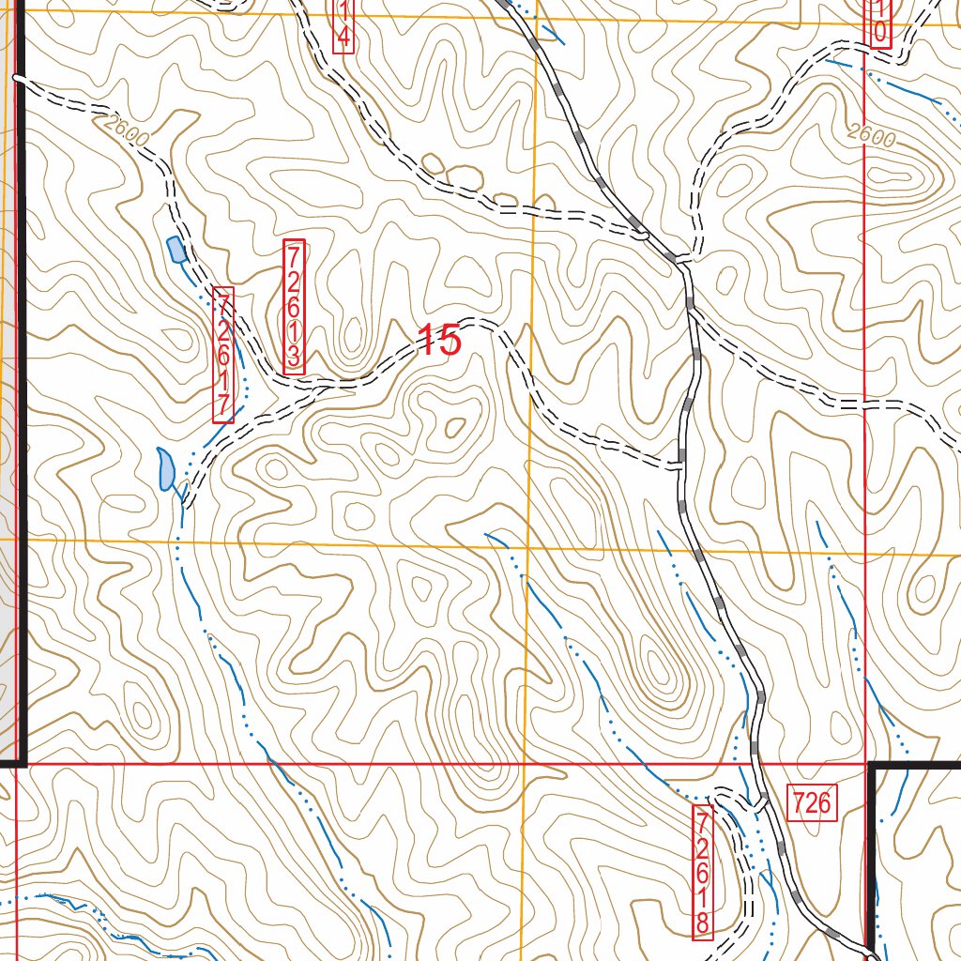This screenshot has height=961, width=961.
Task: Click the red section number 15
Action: point(439,340)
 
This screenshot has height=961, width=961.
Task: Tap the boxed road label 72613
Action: point(294,307)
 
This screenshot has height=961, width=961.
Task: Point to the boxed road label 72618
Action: point(702,870)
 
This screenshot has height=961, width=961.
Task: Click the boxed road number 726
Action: point(812,803)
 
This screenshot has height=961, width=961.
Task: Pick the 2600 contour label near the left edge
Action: point(129,130)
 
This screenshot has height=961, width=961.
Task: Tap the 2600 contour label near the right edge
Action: point(870,136)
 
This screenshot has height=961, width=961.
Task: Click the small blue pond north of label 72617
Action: point(175,250)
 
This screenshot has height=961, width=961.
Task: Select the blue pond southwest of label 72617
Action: point(166,468)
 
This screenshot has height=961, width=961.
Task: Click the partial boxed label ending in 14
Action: point(343,25)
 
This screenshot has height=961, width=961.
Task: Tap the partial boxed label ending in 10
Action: point(878,22)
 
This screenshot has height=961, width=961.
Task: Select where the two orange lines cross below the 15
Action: point(528,545)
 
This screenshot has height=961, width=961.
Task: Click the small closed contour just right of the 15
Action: point(457,428)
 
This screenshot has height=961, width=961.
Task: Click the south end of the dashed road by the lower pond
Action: point(186,503)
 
